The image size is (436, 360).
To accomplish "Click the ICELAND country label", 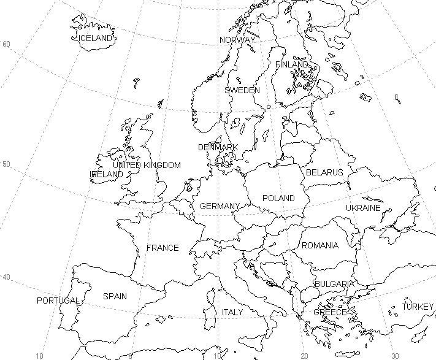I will [96, 38].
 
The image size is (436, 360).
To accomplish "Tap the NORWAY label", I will [237, 40].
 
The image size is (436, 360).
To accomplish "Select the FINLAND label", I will [292, 64].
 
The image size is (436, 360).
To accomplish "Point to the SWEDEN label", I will [242, 90].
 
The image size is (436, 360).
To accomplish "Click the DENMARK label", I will [218, 148].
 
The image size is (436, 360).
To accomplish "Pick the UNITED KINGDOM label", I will [147, 165].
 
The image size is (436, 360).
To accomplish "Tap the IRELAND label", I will [107, 174].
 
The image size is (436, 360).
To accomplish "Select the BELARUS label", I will [324, 172].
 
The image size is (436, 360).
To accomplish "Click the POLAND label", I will [278, 198].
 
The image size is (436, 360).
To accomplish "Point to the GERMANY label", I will [220, 206].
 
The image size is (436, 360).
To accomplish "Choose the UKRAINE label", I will [363, 208].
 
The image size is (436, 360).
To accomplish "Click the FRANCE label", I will [163, 248].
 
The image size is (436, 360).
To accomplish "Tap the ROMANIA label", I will [319, 245].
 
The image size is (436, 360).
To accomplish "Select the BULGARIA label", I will [334, 284].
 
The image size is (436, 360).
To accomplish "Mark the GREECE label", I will [330, 312].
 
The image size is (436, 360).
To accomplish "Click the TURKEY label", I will [418, 307].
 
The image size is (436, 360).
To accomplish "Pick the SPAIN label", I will [115, 296].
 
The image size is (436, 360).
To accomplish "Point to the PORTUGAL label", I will [58, 301].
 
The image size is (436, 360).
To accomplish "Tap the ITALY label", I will [232, 312].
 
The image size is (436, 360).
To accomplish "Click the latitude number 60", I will [7, 44].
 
